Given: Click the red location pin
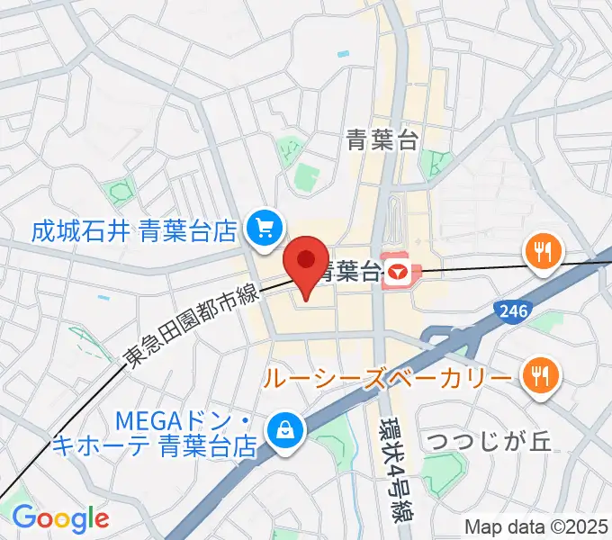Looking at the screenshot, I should pos(306,264).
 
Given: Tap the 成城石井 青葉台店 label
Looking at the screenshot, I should pos(134,232).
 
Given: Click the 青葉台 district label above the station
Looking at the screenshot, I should pos(382,139).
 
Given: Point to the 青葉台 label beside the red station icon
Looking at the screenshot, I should pos(349,270).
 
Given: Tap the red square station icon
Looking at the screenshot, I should pos(397,271).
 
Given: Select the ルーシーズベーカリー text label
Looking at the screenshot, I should pos(390,376).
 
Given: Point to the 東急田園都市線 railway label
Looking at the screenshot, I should pos(191,326).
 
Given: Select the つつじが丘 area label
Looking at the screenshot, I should pos(490,442).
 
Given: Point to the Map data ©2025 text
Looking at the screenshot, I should pos(536,525).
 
